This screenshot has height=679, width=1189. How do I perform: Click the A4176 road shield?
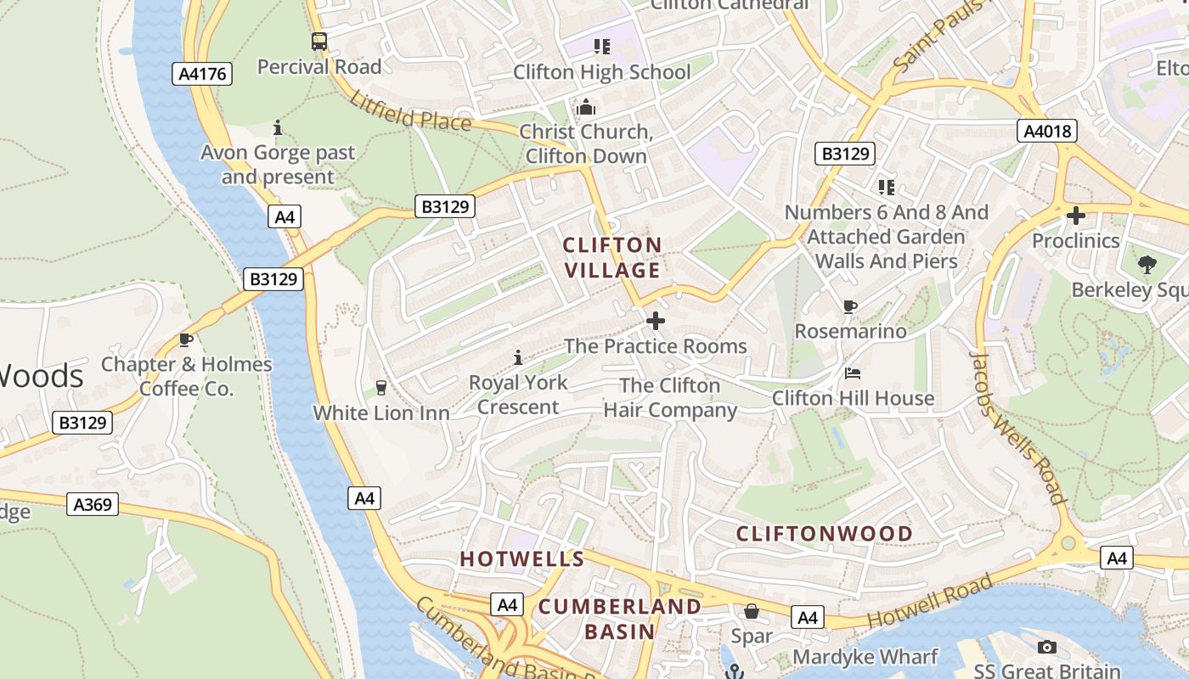point(204,74)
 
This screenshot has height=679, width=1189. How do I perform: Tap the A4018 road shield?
point(1047,131)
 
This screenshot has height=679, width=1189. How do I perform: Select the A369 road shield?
point(93,504)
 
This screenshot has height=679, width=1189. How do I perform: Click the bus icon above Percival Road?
point(318,41)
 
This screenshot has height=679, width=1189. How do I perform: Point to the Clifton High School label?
point(601,72)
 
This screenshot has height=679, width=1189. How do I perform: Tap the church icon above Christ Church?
point(586,108)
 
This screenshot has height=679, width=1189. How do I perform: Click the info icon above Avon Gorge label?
point(278,128)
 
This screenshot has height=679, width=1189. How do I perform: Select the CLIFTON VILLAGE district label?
point(612,257)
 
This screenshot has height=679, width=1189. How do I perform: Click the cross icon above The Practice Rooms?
point(656,321)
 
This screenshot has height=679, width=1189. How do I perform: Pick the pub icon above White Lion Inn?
point(380,388)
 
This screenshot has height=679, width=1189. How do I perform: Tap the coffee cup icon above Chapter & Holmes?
point(185,340)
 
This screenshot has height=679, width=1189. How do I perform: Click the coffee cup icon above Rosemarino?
point(850,306)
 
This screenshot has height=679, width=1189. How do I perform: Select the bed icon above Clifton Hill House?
point(853,373)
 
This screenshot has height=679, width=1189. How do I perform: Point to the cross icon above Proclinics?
point(1076,216)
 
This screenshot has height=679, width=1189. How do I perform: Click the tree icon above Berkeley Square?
point(1147,265)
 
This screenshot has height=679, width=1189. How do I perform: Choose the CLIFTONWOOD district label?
point(824,534)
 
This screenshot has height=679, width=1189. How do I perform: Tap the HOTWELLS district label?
point(522,559)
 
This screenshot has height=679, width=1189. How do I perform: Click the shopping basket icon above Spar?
point(752,611)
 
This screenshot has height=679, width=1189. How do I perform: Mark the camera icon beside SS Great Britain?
point(1047,648)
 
